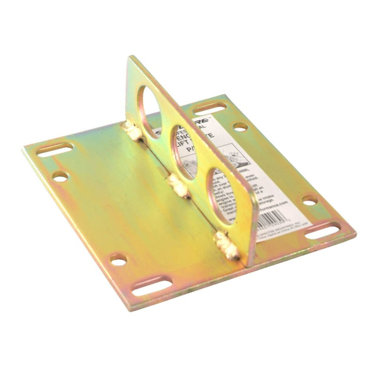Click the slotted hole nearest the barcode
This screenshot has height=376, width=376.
tap(323, 230)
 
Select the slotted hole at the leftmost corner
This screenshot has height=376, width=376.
tap(55, 150)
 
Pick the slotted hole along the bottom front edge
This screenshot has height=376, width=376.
tap(151, 287)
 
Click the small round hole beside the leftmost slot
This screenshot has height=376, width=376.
tap(60, 176)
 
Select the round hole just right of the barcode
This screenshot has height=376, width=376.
tap(309, 200)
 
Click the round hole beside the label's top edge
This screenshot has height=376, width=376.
tap(240, 126)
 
